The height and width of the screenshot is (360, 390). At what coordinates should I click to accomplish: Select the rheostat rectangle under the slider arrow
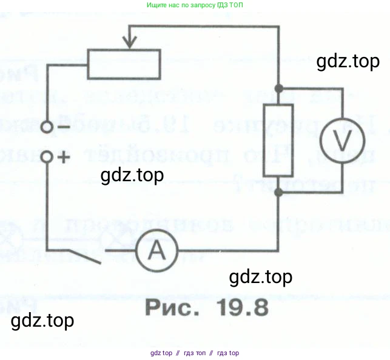[124, 64]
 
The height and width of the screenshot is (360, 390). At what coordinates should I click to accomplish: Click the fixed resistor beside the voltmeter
[278, 140]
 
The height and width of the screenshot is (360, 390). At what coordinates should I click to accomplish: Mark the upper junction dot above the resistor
[278, 88]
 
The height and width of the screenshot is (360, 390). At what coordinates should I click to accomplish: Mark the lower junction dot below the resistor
[278, 192]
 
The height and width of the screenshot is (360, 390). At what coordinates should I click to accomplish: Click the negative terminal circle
[47, 127]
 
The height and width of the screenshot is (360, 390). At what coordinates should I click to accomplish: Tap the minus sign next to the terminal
[62, 127]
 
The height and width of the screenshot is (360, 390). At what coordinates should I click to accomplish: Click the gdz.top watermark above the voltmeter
[348, 62]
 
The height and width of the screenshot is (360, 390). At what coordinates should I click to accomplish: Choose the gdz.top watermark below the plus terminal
[132, 175]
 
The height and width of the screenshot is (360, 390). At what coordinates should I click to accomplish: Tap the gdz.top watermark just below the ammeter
[261, 277]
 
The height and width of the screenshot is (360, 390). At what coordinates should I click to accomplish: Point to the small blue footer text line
[195, 353]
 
